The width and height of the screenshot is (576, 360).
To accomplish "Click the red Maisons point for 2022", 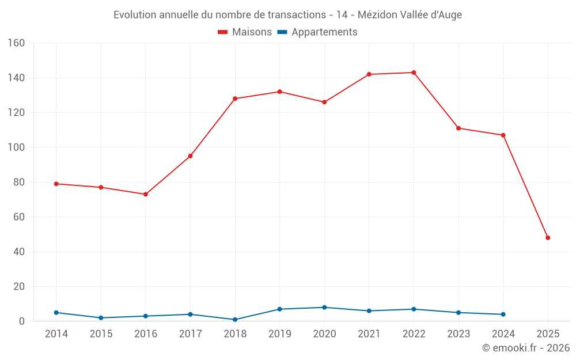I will [x=414, y=73].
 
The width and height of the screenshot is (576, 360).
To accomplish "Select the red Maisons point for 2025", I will [x=548, y=238].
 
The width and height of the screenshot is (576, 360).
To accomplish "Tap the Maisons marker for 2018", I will [x=235, y=98].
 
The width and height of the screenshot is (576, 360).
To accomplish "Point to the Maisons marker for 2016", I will [x=146, y=194].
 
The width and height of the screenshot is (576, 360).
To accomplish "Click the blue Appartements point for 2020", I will [x=324, y=308].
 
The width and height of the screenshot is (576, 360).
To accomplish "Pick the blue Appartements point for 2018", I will [x=235, y=320].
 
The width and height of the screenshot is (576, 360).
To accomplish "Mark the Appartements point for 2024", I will [x=503, y=314].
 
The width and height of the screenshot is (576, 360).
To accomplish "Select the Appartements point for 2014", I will [x=56, y=313].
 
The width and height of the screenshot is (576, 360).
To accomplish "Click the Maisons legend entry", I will [x=245, y=32].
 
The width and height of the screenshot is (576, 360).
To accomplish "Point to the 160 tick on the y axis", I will [x=16, y=43].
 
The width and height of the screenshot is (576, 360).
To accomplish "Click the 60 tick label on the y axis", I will [x=18, y=217].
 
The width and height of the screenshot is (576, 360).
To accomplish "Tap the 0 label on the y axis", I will [x=21, y=321].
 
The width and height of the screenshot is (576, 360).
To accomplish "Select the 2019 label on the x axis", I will [x=280, y=334].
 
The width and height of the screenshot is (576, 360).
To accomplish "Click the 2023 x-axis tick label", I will [x=458, y=334].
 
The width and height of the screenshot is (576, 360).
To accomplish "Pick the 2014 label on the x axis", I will [x=56, y=334].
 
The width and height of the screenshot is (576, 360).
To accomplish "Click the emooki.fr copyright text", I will [x=526, y=348].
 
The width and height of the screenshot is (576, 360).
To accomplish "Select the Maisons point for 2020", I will [x=324, y=102].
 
